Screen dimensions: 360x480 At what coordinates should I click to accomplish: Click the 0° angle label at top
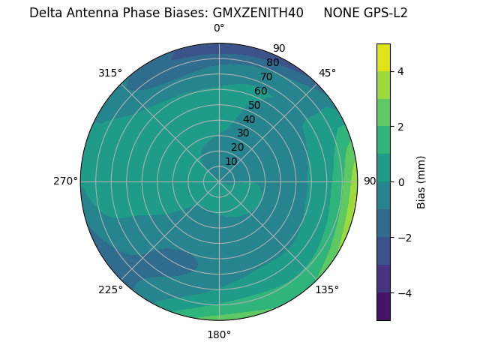[219, 28]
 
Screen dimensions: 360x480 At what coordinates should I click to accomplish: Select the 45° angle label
[327, 73]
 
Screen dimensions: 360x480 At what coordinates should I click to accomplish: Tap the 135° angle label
[327, 289]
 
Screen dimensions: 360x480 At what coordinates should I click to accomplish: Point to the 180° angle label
[219, 334]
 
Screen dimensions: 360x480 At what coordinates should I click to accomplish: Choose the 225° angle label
[110, 289]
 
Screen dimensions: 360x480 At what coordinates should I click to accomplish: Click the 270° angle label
[65, 181]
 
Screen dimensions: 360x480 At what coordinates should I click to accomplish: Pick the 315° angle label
[110, 73]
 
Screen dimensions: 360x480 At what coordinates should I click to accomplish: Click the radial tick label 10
[231, 161]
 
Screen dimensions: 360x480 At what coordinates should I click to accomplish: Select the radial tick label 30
[243, 133]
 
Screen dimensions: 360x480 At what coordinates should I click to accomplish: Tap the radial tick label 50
[254, 106]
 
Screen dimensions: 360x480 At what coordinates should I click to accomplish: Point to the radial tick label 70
[266, 76]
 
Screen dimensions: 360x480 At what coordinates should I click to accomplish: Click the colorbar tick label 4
[400, 71]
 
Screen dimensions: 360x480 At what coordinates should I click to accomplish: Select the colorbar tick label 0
[400, 181]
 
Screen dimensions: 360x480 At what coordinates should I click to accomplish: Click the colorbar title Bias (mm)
[421, 181]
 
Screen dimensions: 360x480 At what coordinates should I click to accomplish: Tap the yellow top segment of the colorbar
[383, 57]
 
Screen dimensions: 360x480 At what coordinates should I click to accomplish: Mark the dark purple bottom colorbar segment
[383, 307]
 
